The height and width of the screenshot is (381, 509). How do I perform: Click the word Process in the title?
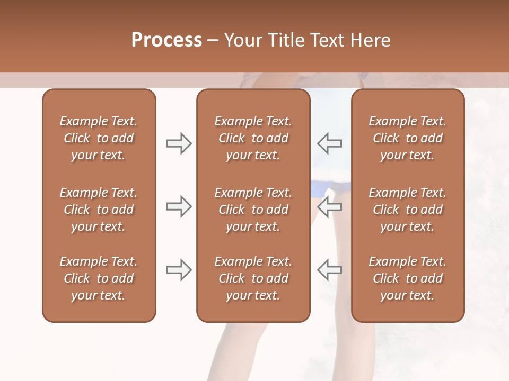166,40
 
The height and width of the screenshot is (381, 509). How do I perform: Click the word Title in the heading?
286,40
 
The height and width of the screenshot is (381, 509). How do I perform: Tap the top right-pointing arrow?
179,143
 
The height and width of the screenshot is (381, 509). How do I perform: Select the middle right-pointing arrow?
179,206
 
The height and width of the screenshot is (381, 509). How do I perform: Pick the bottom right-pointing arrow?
179,270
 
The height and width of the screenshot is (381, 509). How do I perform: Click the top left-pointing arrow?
329,143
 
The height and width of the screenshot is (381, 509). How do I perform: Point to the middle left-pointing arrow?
329,206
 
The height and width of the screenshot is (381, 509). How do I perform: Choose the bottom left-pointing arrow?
329,270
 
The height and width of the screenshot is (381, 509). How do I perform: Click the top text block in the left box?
99,138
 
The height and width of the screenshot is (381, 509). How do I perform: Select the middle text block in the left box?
99,210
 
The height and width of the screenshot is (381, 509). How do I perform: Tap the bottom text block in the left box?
99,278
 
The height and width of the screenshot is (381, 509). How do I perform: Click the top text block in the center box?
253,138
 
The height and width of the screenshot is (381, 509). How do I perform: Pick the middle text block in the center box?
253,210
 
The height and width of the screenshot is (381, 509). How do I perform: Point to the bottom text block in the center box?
253,278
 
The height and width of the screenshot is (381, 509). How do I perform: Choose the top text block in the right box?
408,138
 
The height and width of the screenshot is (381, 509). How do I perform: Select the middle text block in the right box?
408,210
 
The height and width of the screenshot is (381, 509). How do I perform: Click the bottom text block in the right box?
408,278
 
